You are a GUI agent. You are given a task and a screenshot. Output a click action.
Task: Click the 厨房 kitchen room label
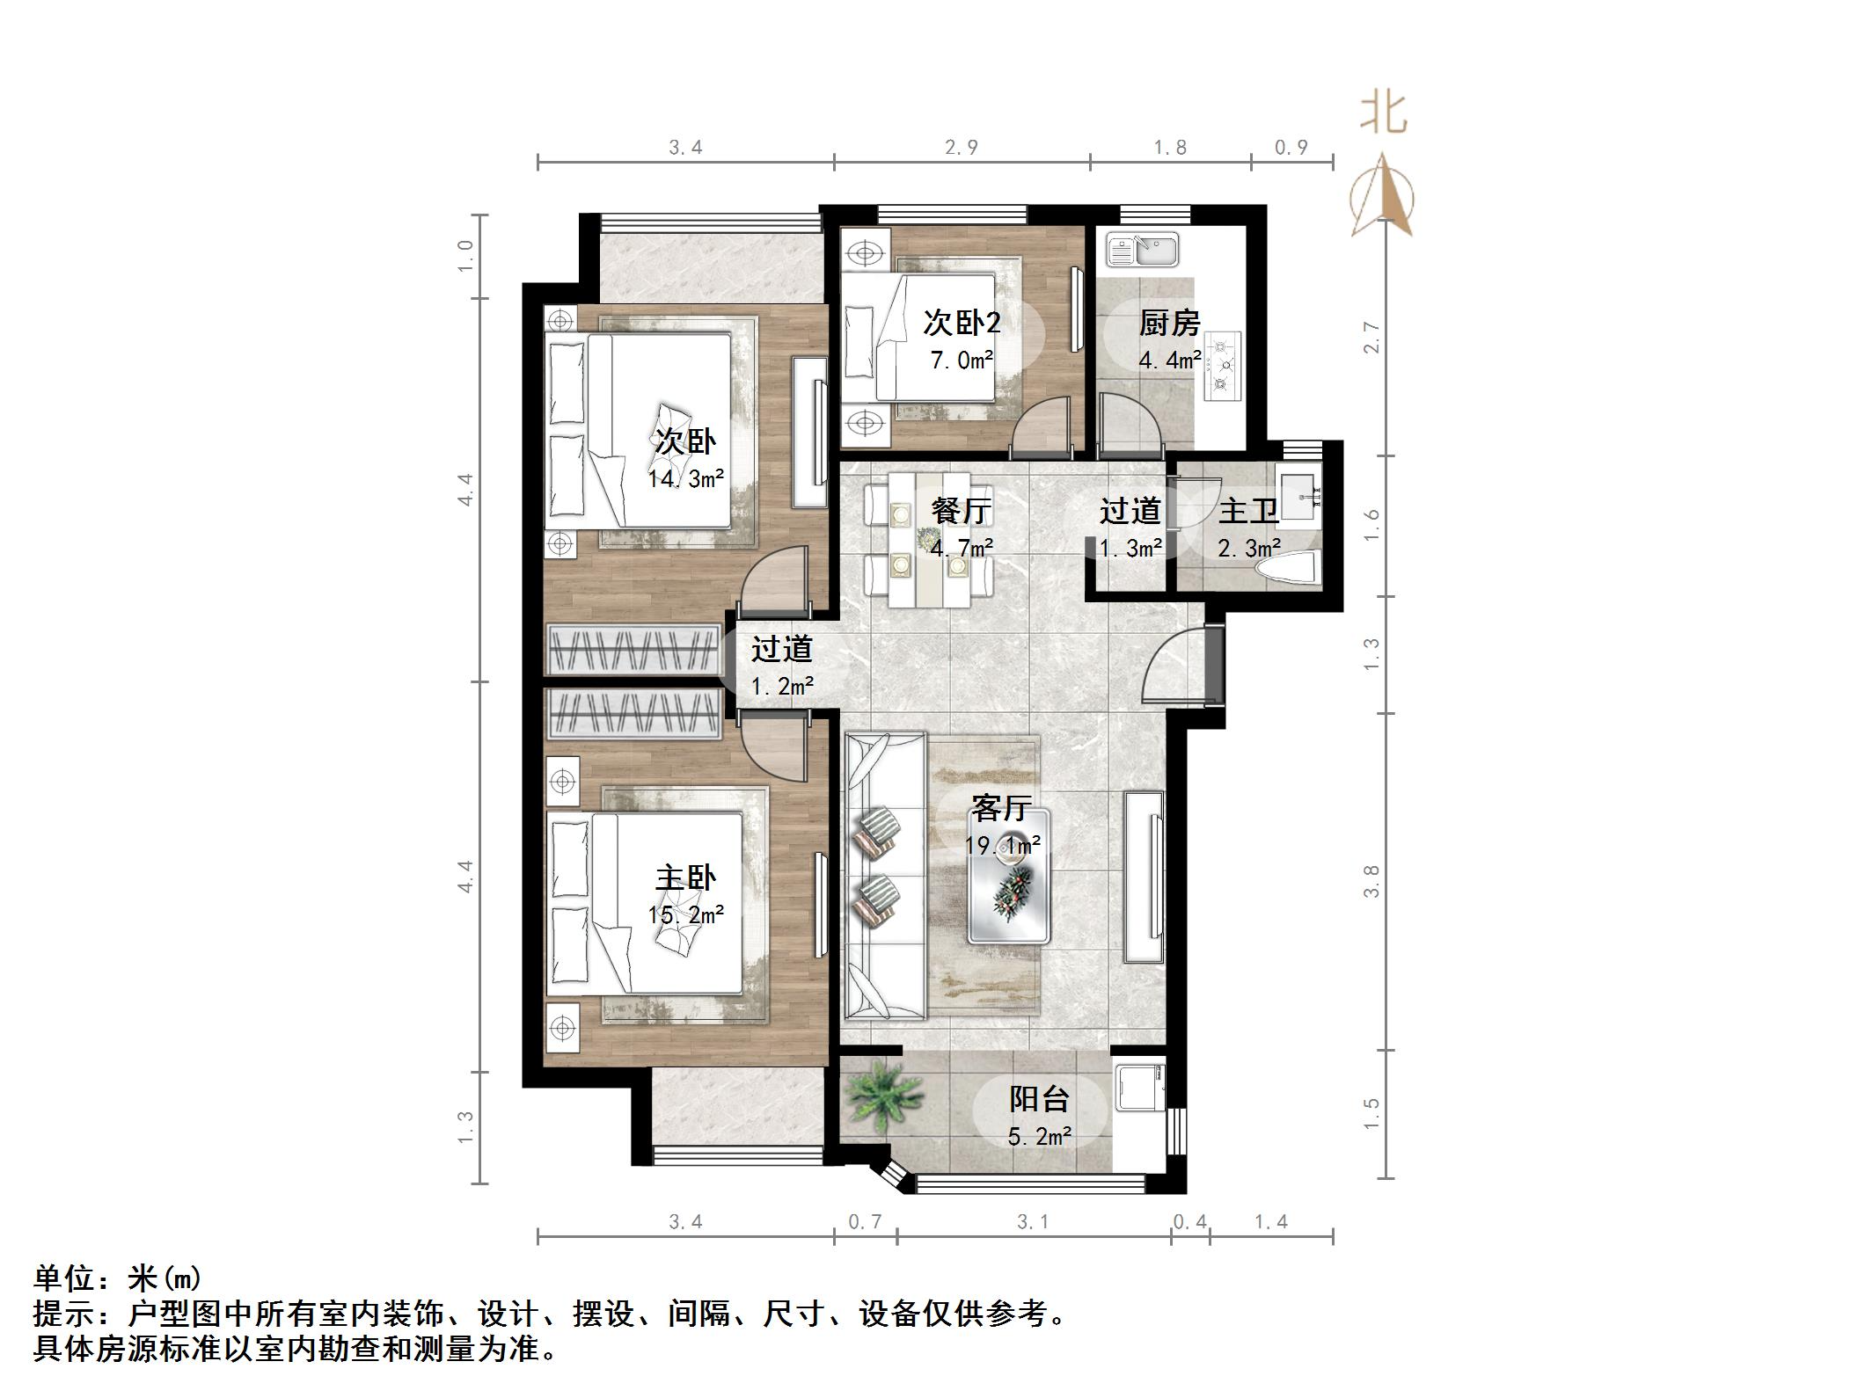click(x=1169, y=324)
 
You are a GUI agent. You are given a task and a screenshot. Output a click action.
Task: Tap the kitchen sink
click(x=1143, y=250)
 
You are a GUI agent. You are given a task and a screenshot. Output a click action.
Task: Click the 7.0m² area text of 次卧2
click(x=962, y=360)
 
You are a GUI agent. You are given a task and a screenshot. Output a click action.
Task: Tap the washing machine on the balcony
click(x=1140, y=1091)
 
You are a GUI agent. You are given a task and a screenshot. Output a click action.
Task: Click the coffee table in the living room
click(x=1009, y=888)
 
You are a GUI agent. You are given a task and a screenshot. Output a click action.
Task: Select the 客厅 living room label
click(x=1000, y=807)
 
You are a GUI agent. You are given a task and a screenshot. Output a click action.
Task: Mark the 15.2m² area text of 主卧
click(x=686, y=915)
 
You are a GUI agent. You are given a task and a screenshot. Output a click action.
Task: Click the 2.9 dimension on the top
click(x=962, y=148)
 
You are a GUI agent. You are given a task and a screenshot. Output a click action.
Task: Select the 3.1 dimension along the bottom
click(x=1033, y=1221)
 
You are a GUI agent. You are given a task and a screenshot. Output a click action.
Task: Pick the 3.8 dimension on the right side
click(x=1371, y=881)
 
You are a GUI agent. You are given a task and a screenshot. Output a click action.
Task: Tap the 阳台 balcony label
click(x=1039, y=1098)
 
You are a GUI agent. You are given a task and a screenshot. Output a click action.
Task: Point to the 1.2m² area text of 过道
click(x=781, y=687)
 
